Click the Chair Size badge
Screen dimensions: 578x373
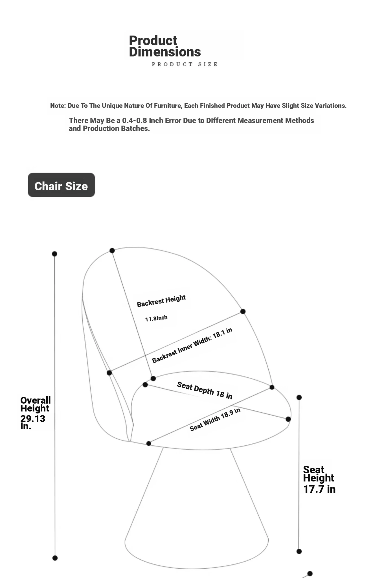click(x=61, y=185)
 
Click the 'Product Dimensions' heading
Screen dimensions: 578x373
click(x=165, y=46)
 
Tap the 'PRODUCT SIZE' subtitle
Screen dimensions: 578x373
click(x=185, y=64)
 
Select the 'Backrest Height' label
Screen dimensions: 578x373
click(x=161, y=301)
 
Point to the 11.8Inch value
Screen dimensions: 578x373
click(x=156, y=318)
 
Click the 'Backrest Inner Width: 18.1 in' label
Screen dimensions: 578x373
click(x=192, y=345)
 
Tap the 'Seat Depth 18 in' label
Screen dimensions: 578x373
click(x=205, y=390)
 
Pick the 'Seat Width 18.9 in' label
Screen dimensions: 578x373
click(x=215, y=419)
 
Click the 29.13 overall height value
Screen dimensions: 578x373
click(x=33, y=419)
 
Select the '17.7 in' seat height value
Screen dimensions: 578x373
click(x=319, y=489)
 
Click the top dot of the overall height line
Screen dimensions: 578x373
click(x=55, y=254)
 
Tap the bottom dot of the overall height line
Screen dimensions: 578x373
click(x=55, y=558)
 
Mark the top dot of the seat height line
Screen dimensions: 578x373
click(x=299, y=397)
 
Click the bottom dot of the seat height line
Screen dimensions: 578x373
click(x=299, y=551)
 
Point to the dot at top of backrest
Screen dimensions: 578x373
click(x=112, y=251)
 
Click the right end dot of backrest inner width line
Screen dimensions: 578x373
click(x=243, y=312)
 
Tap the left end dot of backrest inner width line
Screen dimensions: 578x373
click(x=109, y=373)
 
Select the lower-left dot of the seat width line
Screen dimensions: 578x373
click(x=149, y=443)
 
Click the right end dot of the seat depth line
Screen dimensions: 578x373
click(x=288, y=419)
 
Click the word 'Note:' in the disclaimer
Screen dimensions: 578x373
click(x=58, y=106)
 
